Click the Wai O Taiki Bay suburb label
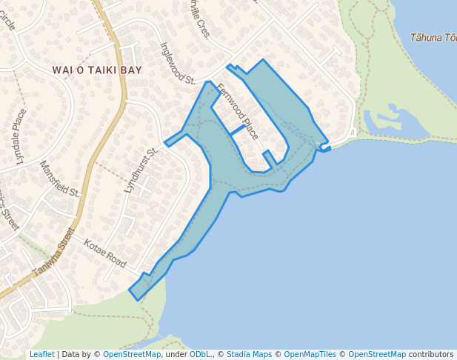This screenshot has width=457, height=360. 97,70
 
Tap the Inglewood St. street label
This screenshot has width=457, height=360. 177,62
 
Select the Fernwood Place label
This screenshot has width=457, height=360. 238,111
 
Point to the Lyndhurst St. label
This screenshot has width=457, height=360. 141,171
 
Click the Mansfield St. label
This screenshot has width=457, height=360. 59,179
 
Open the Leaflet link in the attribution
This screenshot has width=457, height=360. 41,354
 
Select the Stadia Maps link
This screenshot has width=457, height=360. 249,354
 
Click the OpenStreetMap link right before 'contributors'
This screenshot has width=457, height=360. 377,354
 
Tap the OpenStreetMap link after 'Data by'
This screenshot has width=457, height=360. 132,354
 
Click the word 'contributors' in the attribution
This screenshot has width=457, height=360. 431,354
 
